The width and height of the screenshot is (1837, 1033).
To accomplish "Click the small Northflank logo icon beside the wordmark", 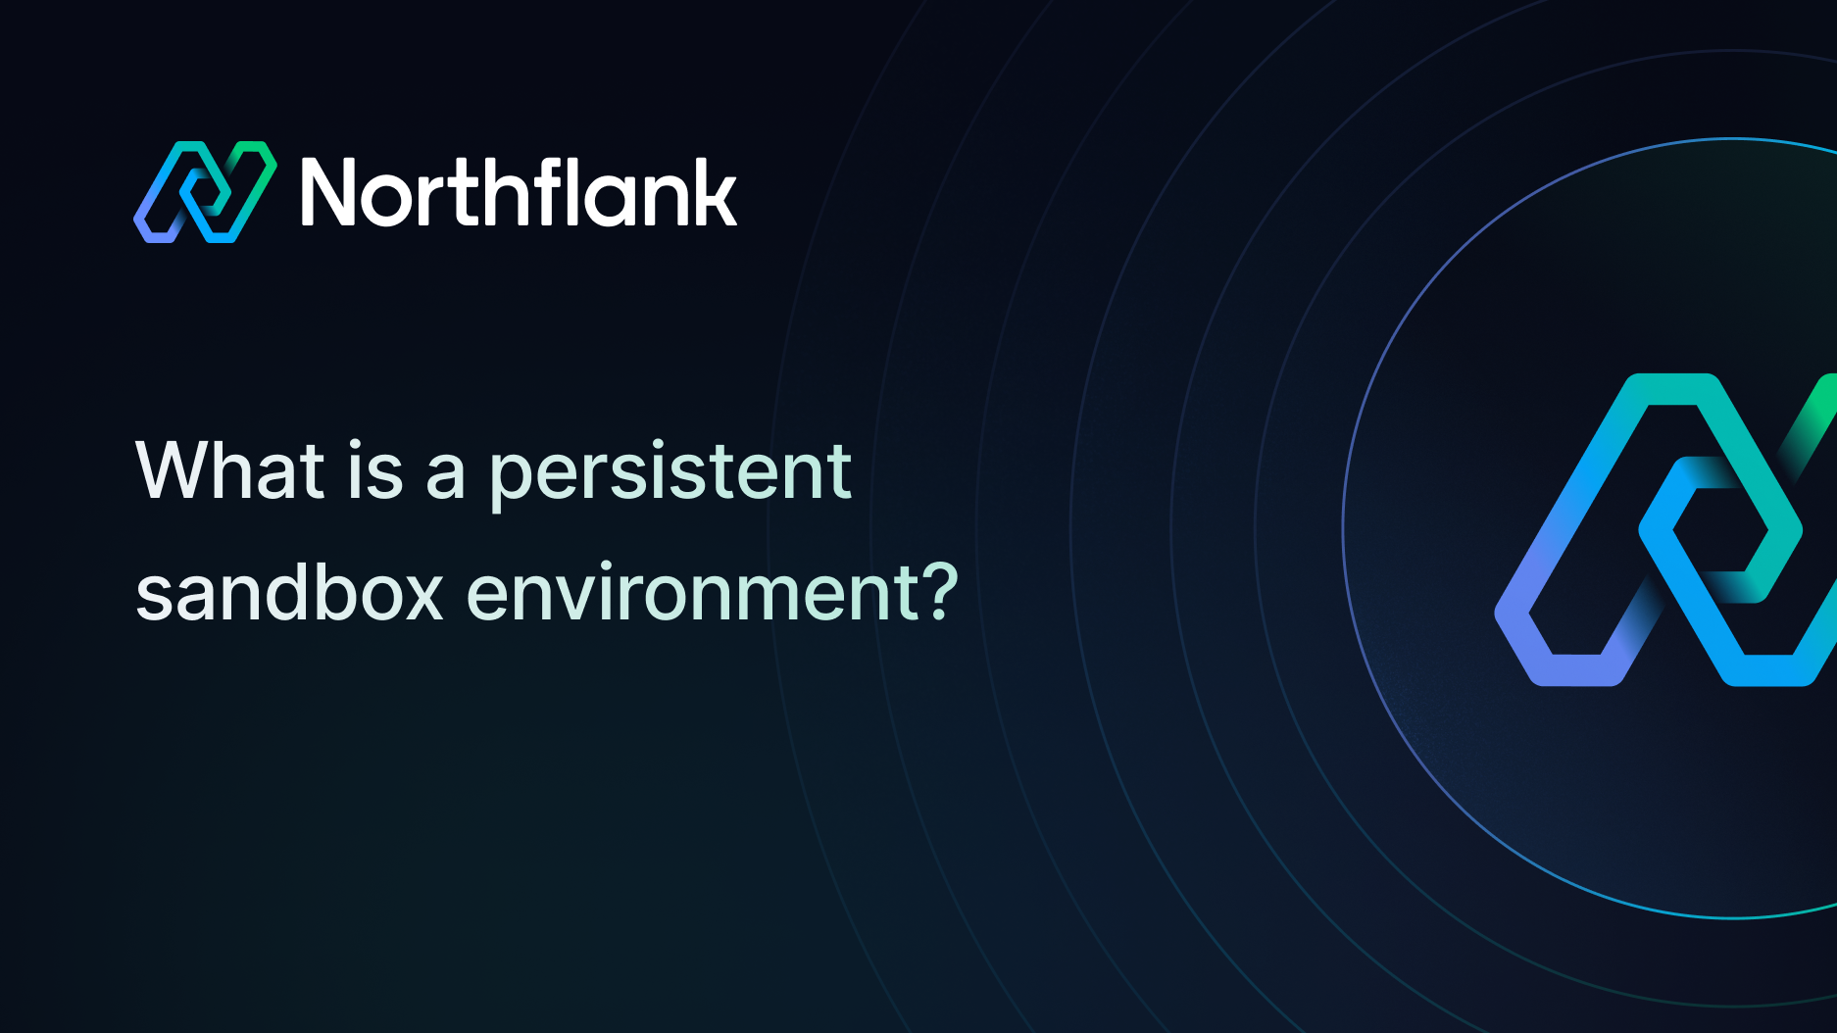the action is pyautogui.click(x=205, y=192).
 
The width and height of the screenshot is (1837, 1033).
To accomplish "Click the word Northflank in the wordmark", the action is pyautogui.click(x=519, y=192).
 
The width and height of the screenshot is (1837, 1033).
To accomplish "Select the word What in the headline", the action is pyautogui.click(x=230, y=470).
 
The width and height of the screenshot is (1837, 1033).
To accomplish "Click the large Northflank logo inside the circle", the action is pyautogui.click(x=1666, y=530).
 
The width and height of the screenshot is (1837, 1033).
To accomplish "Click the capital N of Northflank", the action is pyautogui.click(x=332, y=193).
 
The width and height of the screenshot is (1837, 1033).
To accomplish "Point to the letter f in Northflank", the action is pyautogui.click(x=541, y=191).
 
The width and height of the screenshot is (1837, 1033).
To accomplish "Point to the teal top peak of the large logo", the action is pyautogui.click(x=1671, y=388).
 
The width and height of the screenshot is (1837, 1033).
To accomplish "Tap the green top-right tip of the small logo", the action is pyautogui.click(x=262, y=150).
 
